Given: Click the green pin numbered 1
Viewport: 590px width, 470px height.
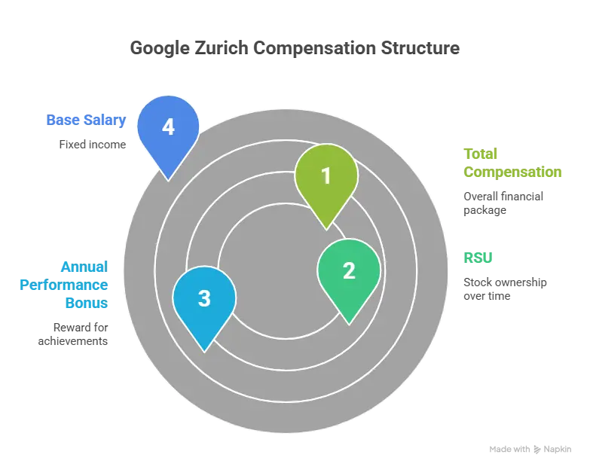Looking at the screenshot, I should point(326,177).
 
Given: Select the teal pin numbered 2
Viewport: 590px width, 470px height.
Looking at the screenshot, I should point(349,271).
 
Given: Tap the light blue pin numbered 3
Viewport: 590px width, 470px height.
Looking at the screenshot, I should point(204,298).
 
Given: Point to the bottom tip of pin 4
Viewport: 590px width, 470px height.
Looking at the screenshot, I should point(168,179).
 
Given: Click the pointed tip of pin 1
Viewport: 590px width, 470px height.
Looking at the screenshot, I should point(326,228).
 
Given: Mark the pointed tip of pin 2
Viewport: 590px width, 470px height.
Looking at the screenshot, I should point(348,324).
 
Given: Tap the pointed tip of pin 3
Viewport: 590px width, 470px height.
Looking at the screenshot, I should point(204,350).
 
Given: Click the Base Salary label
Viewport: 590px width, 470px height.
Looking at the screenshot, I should point(84,120).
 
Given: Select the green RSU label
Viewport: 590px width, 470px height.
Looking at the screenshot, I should point(478,258).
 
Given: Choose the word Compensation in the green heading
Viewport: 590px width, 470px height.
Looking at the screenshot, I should point(513,172).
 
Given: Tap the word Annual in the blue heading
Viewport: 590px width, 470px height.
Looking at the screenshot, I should point(84,267).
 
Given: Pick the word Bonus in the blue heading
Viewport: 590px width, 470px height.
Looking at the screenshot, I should point(85,304).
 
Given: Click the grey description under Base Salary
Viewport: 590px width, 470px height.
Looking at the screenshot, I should point(90,143).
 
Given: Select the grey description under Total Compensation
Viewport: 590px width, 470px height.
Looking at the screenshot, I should point(504,203).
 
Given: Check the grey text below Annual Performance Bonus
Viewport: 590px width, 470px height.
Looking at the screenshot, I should point(73,335).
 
